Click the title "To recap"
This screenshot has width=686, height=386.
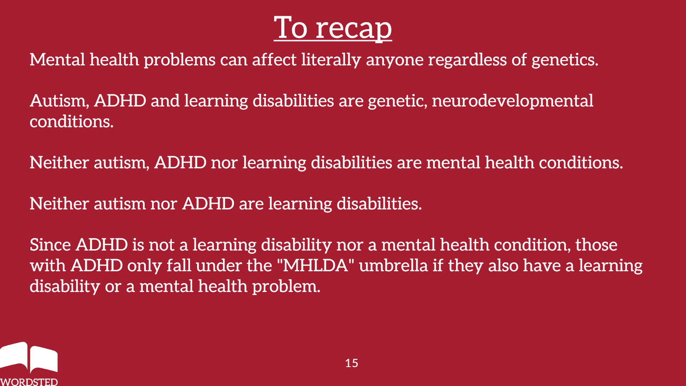[333, 28]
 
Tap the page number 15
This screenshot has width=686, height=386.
[352, 363]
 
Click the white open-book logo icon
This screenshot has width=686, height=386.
[29, 357]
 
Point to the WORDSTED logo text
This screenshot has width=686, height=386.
[29, 382]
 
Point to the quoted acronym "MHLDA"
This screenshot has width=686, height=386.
[315, 265]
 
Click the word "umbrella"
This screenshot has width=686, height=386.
[393, 265]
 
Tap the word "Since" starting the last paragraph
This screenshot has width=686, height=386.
[50, 245]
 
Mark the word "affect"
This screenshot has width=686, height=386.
[274, 60]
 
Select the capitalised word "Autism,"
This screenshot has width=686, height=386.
[60, 101]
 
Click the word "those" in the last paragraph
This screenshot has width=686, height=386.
[596, 245]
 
